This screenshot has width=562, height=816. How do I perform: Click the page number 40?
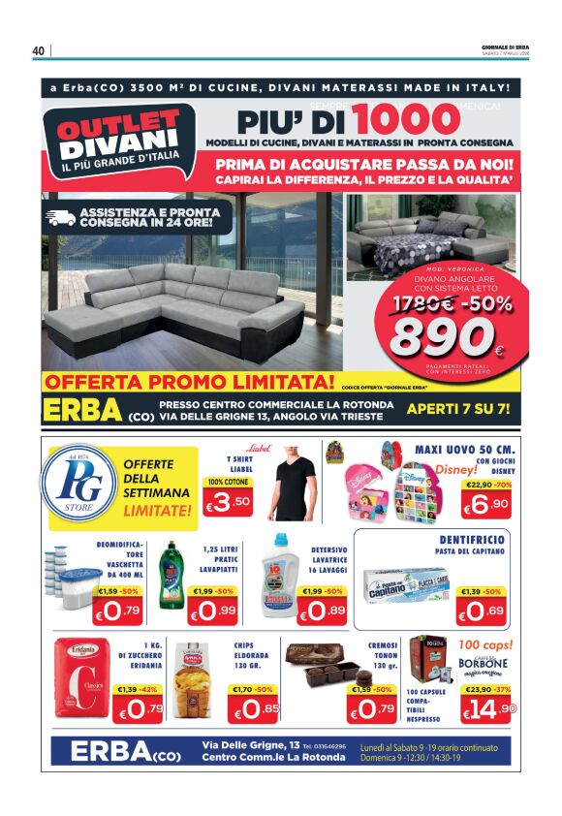39,50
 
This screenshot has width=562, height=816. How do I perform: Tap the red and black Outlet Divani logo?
118,141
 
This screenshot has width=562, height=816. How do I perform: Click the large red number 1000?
405,120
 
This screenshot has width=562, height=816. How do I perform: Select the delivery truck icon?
60,216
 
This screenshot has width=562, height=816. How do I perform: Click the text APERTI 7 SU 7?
458,408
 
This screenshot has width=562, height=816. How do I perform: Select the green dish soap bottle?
171,575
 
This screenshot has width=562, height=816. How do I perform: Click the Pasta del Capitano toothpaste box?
405,586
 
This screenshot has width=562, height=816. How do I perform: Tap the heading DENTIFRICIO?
473,537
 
